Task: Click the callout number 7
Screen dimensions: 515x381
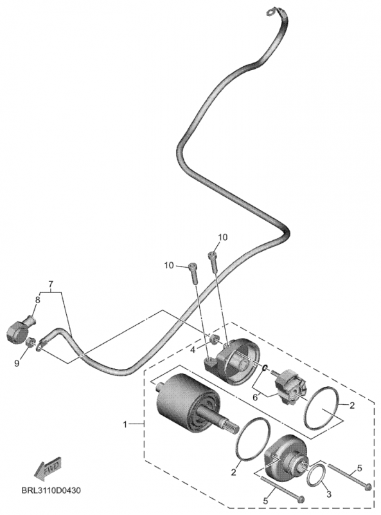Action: [x=51, y=284]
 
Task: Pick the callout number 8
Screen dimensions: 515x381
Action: [x=37, y=299]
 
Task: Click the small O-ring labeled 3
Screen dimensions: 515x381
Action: [x=315, y=477]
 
